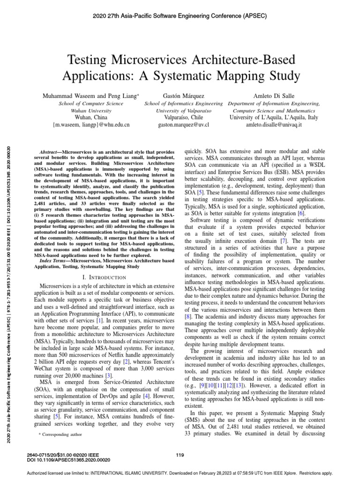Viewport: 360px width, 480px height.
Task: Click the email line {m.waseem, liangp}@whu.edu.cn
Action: coord(91,125)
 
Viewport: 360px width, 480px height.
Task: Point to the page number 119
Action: coord(180,455)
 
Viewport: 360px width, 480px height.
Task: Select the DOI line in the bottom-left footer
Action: coord(62,460)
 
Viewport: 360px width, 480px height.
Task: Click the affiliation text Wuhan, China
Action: coord(91,118)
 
